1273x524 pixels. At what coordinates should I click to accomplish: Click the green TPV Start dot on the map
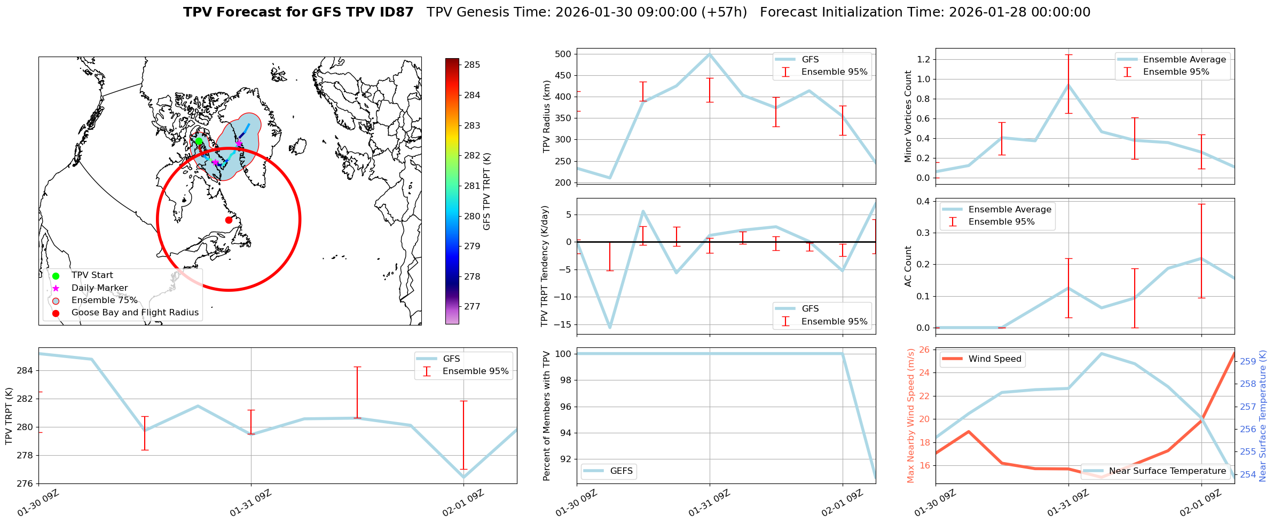click(199, 141)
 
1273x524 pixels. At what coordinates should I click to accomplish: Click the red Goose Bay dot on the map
click(229, 220)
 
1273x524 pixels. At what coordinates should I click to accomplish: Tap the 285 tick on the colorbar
click(472, 65)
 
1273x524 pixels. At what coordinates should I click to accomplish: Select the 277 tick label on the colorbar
click(472, 307)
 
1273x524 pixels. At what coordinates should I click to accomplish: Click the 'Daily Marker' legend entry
click(99, 288)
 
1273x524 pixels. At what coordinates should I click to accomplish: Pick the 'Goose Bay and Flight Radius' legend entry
click(135, 313)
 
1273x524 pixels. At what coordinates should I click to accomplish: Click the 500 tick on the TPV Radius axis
click(564, 54)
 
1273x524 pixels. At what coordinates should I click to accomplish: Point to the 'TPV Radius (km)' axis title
click(546, 116)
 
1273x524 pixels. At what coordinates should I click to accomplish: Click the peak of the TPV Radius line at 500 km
click(710, 54)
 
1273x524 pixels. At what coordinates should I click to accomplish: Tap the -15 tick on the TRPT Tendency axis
click(562, 324)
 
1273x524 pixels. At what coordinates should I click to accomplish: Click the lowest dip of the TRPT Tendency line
click(610, 327)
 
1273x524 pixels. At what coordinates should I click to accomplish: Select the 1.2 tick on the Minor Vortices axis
click(923, 59)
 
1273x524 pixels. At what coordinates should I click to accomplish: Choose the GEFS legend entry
click(621, 471)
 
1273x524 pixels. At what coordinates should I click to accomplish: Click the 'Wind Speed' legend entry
click(994, 359)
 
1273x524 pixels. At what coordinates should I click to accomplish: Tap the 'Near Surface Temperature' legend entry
click(1167, 471)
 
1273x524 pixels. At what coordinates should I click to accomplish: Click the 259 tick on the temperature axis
click(1248, 361)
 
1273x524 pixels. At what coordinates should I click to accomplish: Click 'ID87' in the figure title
click(394, 12)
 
